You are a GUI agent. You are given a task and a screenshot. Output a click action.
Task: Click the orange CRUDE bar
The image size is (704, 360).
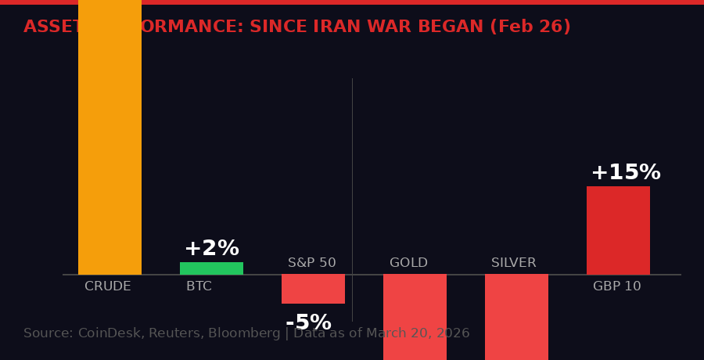(110, 137)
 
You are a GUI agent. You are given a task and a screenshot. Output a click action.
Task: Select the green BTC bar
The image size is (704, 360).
(211, 268)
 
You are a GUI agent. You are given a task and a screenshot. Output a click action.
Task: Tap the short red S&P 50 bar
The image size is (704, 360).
(313, 289)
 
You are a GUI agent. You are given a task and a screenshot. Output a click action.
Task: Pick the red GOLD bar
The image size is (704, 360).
(415, 317)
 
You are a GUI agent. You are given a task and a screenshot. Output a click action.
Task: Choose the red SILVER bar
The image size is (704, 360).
(516, 317)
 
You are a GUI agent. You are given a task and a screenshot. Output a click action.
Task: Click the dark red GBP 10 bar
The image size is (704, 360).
(618, 230)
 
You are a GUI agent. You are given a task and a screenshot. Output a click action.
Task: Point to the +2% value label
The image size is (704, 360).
(211, 249)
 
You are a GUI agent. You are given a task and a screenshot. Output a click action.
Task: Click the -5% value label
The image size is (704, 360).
(308, 322)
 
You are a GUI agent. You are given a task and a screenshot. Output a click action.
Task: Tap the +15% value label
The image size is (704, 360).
(625, 173)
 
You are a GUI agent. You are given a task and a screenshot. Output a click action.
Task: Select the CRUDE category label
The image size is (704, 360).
(108, 287)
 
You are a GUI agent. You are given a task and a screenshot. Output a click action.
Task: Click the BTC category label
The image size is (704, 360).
(199, 287)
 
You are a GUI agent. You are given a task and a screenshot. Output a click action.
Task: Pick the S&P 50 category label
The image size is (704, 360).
(311, 264)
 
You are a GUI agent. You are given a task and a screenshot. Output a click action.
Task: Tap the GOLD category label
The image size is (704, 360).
(408, 264)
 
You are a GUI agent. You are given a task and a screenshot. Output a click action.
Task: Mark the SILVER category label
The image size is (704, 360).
(513, 264)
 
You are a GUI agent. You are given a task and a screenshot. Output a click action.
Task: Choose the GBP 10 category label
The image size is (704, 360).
(616, 287)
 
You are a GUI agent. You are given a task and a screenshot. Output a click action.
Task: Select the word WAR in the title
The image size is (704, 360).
(393, 27)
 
